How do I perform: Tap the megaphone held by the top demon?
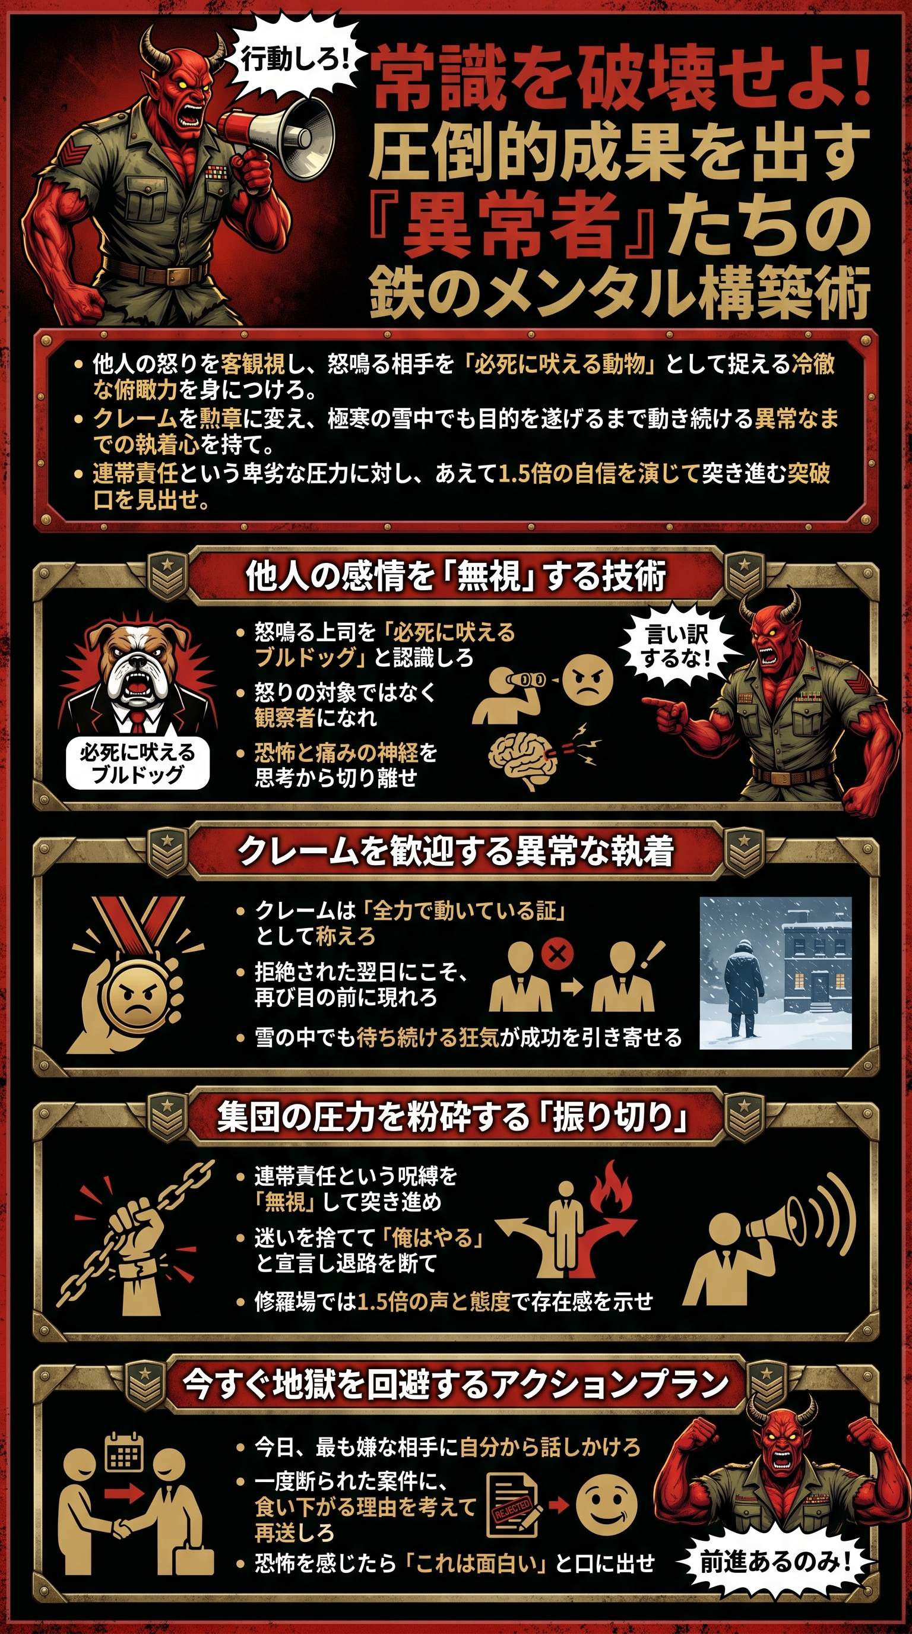coord(279,131)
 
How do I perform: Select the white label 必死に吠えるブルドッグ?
coord(138,763)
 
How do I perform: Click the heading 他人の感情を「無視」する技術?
coord(456,577)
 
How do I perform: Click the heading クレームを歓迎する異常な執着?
coord(456,852)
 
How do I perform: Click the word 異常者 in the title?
coord(511,224)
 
